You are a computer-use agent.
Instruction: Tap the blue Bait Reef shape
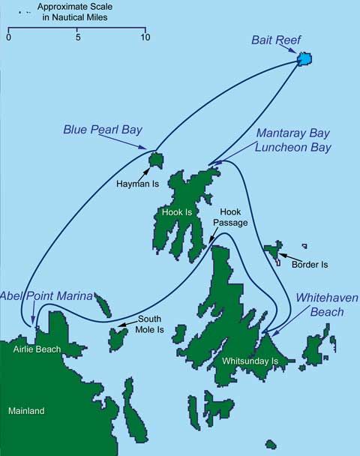click(304, 58)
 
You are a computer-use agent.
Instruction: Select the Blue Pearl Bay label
click(103, 130)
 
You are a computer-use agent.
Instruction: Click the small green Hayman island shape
click(156, 159)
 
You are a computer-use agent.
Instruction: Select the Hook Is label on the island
click(177, 211)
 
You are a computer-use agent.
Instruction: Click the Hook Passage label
click(229, 218)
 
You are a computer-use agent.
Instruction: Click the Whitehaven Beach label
click(319, 304)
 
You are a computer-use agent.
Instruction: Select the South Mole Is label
click(149, 324)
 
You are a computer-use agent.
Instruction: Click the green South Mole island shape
click(118, 337)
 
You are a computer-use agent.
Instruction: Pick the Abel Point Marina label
click(46, 295)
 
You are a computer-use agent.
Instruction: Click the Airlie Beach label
click(36, 349)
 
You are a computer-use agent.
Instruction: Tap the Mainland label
click(26, 411)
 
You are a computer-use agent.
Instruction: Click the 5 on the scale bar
click(77, 36)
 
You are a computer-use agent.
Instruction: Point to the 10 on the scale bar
click(144, 36)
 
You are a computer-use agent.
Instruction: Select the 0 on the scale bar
click(8, 36)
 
